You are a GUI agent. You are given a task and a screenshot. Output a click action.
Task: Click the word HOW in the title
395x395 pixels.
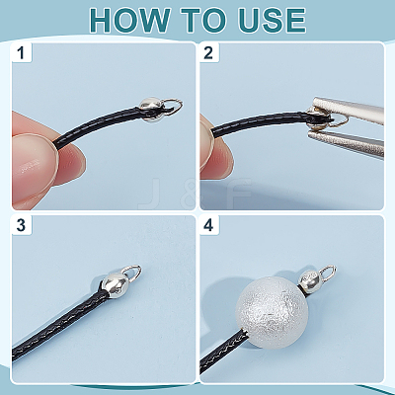129,21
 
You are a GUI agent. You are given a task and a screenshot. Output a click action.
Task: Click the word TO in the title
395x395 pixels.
205,21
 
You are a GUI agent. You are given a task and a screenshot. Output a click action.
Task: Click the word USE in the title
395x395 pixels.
273,21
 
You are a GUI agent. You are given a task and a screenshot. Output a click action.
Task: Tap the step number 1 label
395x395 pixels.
21,52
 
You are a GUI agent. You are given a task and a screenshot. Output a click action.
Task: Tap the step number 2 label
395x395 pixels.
208,52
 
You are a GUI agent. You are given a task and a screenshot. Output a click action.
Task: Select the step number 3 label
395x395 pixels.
21,225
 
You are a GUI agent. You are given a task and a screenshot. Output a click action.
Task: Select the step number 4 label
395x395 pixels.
208,225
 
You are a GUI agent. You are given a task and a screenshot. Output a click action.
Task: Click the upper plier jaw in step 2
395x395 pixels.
349,110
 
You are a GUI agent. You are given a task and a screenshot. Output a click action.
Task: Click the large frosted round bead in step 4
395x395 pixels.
272,312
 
